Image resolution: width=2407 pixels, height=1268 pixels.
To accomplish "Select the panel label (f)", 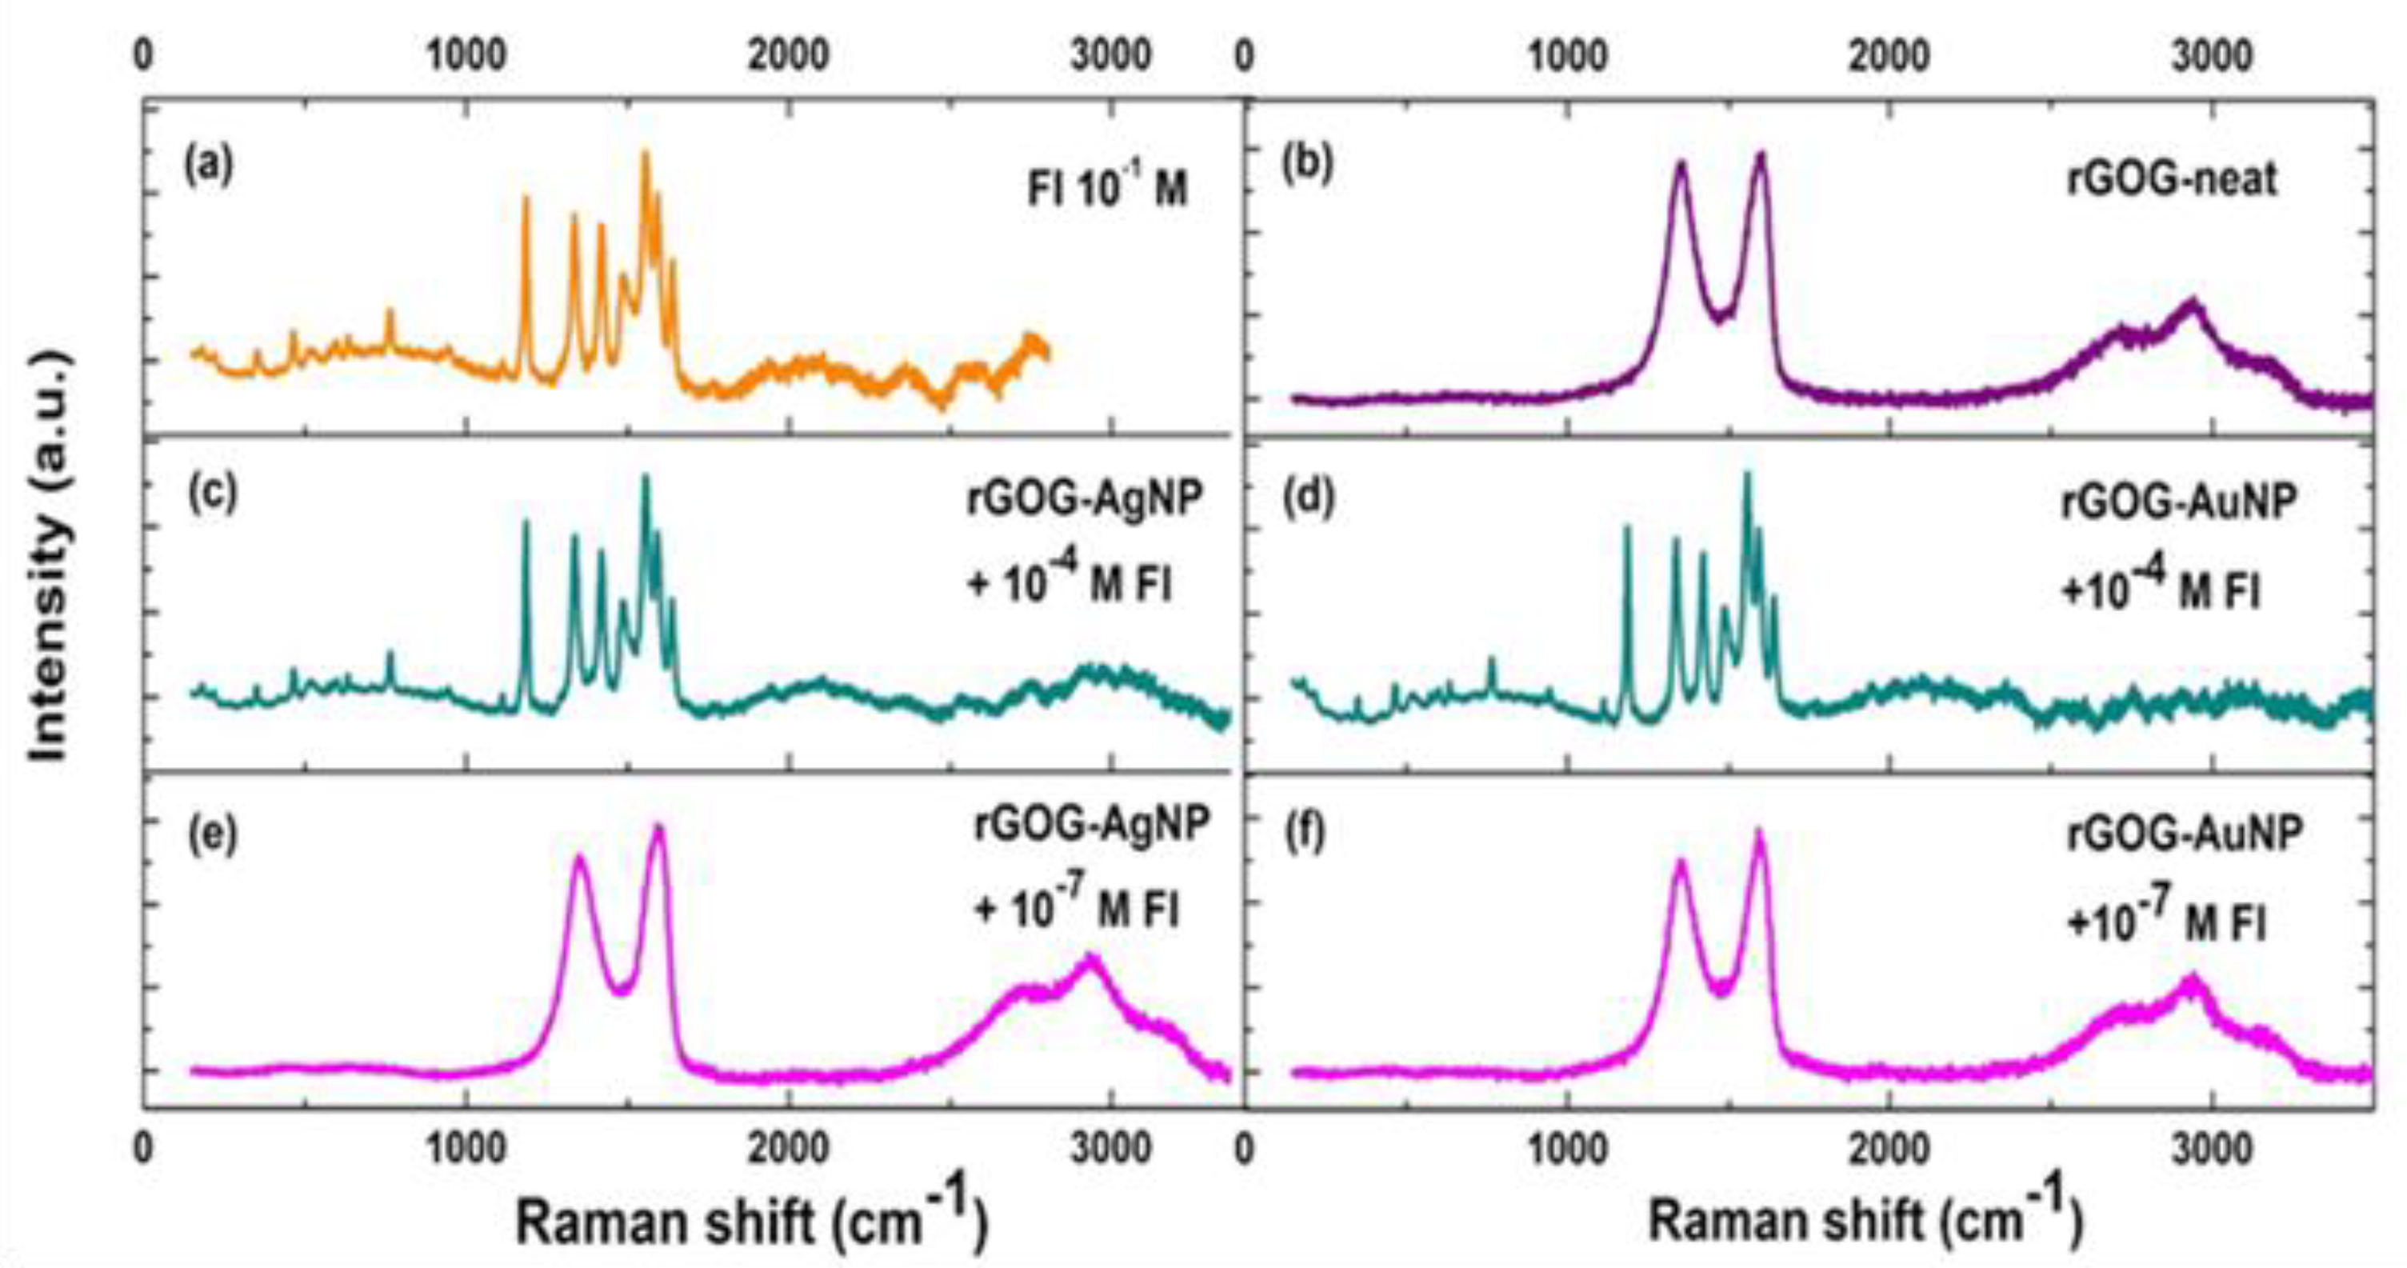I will (1305, 833).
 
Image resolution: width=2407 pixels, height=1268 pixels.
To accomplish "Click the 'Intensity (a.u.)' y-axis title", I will (49, 555).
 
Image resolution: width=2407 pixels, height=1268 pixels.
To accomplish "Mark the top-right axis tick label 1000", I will (1566, 56).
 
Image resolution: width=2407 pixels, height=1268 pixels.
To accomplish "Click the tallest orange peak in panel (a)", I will (644, 155).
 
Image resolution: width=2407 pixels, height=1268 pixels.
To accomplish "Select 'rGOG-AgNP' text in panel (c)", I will (1084, 500).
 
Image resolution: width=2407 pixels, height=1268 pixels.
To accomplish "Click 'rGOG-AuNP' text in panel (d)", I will (2178, 502).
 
